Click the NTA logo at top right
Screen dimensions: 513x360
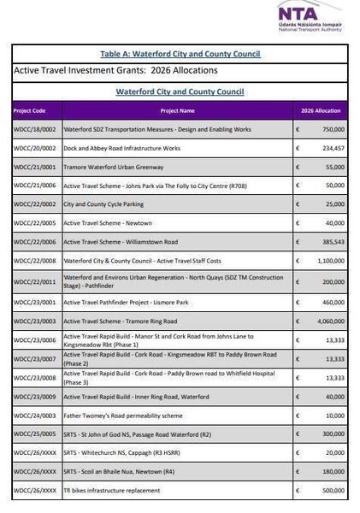pos(310,15)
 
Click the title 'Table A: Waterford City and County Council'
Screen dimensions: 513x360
pos(180,54)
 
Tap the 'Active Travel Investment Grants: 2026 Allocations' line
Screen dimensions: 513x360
pos(115,70)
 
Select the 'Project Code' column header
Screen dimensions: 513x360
pos(30,110)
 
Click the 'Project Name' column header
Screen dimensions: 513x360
pos(177,110)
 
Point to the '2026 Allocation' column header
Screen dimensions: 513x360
pos(321,110)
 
